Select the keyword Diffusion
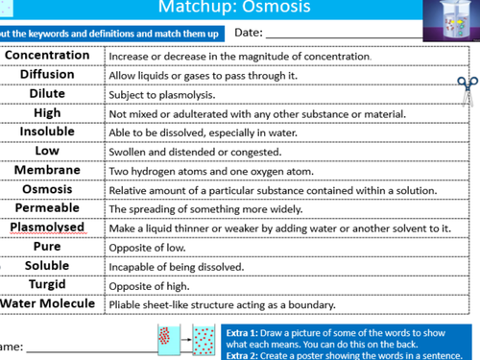coord(47,75)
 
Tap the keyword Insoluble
coord(47,132)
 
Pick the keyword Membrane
coord(47,170)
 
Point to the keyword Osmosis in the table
coord(47,189)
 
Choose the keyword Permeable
coord(47,208)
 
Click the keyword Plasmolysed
coord(47,228)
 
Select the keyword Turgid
coord(47,285)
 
